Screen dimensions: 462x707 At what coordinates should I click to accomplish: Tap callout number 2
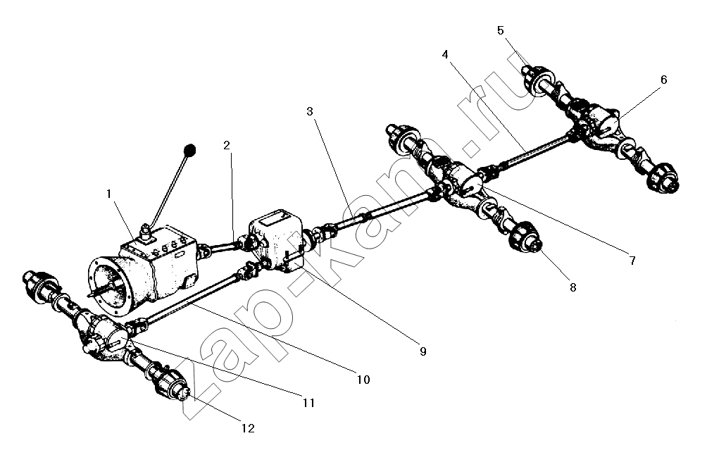click(226, 146)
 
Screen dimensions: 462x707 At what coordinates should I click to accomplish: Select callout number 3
click(311, 112)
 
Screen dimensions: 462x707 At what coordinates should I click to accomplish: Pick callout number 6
click(663, 80)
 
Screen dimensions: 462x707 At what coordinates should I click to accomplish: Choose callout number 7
click(632, 261)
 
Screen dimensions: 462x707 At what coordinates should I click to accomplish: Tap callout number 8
click(573, 287)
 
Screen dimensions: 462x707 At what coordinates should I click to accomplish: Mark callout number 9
click(423, 351)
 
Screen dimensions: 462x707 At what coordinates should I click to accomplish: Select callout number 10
click(363, 380)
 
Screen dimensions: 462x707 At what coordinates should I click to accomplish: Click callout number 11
click(308, 403)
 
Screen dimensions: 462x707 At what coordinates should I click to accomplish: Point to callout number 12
click(248, 427)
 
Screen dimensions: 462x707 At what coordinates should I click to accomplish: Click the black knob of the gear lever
click(189, 150)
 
